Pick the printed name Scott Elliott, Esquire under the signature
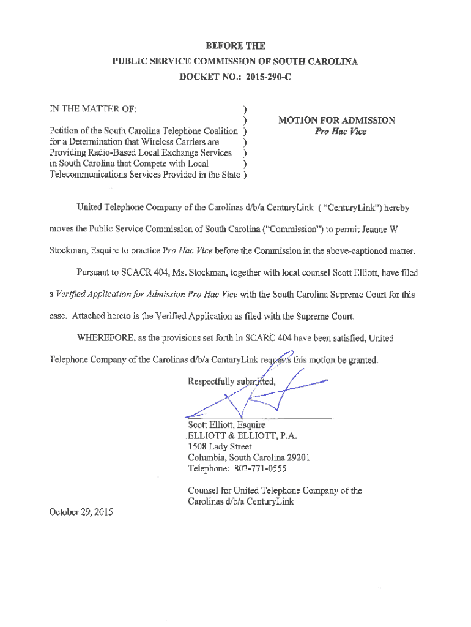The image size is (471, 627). point(226,424)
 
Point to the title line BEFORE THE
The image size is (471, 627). point(236,45)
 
